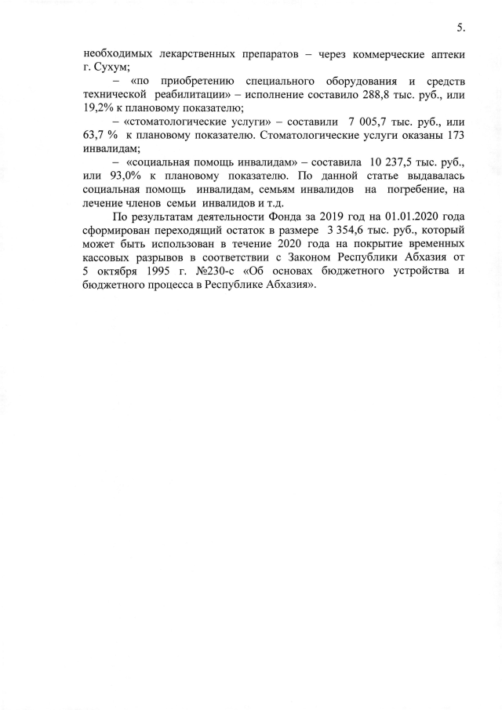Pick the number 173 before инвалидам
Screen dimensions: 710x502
(453, 135)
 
